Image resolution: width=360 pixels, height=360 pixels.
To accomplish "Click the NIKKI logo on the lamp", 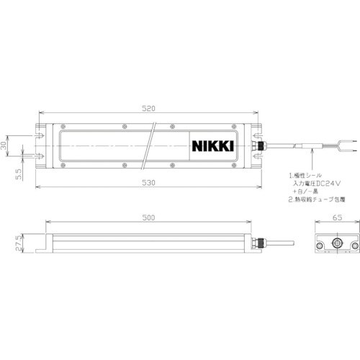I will pos(212,146).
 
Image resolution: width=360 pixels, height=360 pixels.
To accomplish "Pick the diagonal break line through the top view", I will pos(152,145).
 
